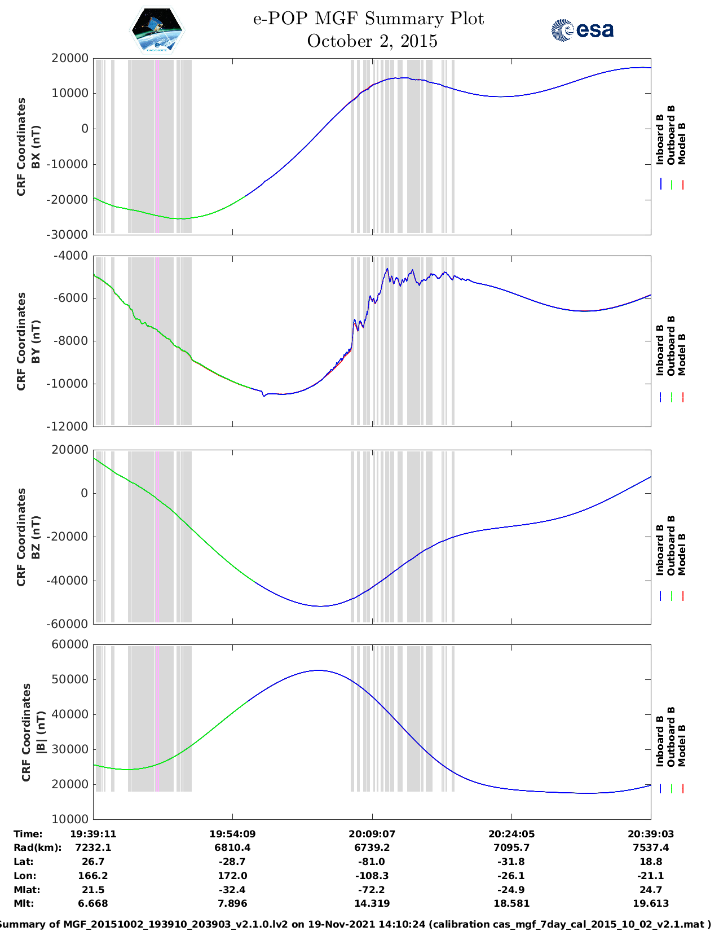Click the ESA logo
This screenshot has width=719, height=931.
pos(582,30)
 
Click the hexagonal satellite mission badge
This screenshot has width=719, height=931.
pos(157,30)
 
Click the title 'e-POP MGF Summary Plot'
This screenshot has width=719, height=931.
pos(368,19)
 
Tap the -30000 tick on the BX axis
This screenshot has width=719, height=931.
pos(70,235)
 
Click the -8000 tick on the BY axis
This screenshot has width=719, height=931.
pos(71,341)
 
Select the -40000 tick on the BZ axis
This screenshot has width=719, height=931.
pos(70,581)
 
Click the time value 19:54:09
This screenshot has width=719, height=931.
pos(232,834)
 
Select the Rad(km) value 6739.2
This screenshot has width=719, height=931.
pos(372,847)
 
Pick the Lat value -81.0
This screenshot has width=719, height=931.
pos(372,862)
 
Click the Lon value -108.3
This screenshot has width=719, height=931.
pos(372,876)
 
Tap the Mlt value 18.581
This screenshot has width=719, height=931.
pos(511,903)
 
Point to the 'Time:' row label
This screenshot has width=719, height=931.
pos(28,834)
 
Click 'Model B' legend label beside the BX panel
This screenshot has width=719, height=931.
pos(682,144)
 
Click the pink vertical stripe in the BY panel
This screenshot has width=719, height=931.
pos(157,341)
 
